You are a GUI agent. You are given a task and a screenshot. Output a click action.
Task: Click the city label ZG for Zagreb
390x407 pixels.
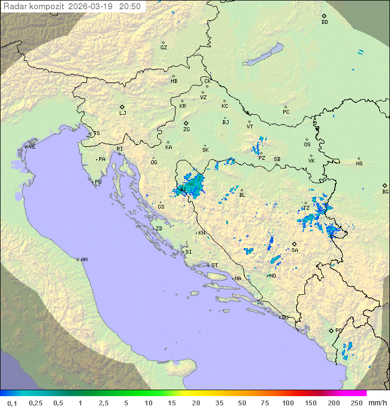[x=186, y=130]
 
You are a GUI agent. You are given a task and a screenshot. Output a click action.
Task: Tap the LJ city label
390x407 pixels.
[x=122, y=113]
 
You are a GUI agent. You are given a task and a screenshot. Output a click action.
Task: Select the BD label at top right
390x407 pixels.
[x=324, y=22]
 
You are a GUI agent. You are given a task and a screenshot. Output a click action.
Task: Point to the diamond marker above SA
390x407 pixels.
[x=294, y=244]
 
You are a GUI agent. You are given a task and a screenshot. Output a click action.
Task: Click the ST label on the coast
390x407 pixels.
[x=214, y=266]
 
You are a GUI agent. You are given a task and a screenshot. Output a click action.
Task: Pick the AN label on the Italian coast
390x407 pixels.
[x=84, y=260]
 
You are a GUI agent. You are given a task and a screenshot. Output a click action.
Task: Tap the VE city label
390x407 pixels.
[x=32, y=147]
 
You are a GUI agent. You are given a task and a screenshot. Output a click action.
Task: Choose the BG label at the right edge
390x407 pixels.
[x=385, y=191]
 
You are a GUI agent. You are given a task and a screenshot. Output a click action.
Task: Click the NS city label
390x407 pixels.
[x=359, y=164]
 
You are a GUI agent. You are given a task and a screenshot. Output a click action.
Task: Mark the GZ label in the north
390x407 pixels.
[x=164, y=48]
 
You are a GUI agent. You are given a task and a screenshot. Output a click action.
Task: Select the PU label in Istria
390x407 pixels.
[x=98, y=182]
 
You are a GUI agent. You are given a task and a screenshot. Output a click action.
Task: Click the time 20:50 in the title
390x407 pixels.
[x=130, y=7]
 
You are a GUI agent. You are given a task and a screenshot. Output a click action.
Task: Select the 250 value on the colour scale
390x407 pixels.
[x=356, y=403]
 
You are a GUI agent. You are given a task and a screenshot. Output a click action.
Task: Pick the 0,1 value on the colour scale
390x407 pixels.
[x=12, y=403]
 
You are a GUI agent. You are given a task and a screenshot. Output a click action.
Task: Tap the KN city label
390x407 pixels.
[x=201, y=232]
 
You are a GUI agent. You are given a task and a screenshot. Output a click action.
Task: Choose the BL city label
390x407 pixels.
[x=242, y=195]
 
